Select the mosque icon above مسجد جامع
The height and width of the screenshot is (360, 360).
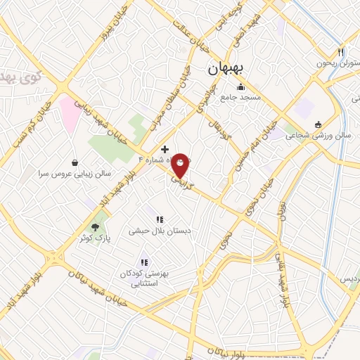tap(241, 88)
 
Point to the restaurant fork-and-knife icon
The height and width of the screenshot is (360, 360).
tap(341, 52)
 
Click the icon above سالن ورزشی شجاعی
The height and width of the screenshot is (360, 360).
tap(318, 124)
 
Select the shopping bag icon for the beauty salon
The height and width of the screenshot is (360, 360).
tap(75, 162)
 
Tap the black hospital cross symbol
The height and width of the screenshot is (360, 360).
tap(165, 149)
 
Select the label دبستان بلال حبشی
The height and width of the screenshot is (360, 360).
tap(160, 230)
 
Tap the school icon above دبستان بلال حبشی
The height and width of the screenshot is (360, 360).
tap(160, 219)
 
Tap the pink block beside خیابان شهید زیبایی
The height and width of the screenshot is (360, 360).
tap(70, 114)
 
